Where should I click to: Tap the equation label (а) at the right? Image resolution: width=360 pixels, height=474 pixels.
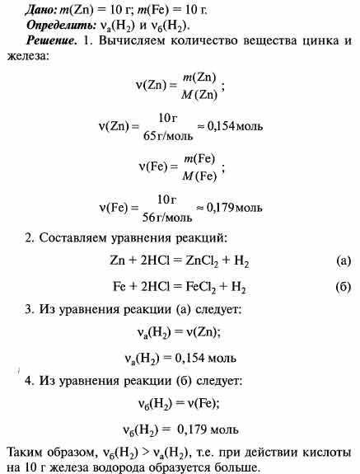coord(344,263)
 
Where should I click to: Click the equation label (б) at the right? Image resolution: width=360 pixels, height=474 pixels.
coord(344,289)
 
